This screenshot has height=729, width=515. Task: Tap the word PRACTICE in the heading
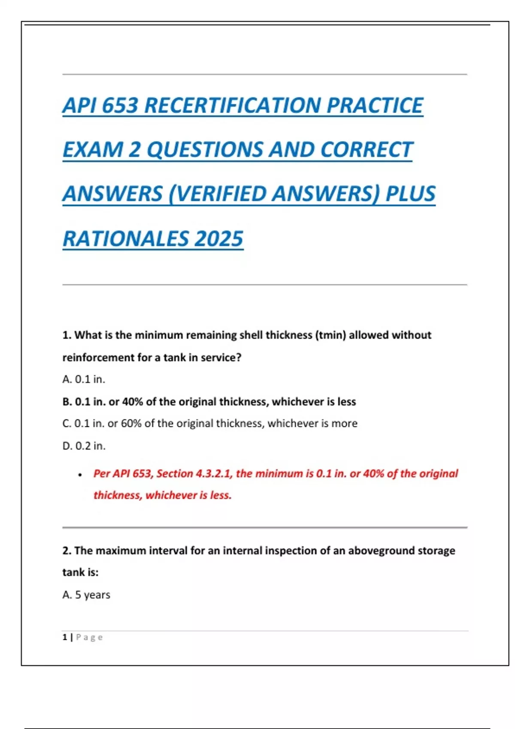point(375,105)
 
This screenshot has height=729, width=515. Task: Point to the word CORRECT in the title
point(366,150)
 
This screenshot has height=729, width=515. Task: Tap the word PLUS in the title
point(410,194)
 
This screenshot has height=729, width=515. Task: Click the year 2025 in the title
point(219,239)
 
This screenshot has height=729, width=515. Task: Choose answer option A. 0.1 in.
point(84,379)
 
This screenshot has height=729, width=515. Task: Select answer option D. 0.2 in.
point(84,446)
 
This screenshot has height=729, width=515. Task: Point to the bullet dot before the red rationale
point(80,475)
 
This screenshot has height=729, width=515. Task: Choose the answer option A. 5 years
point(86,595)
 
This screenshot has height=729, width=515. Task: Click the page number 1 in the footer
point(65,637)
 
